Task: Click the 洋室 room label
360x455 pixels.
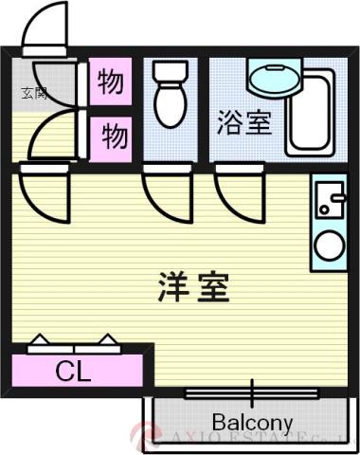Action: point(192,286)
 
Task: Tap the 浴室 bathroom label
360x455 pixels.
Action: point(244,123)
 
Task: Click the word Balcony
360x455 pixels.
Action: point(252,422)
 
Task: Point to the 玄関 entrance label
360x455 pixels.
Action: point(33,93)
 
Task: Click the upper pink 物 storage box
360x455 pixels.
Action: point(111,83)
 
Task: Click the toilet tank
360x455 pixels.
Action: point(172,72)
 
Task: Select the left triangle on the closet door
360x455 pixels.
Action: point(42,339)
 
